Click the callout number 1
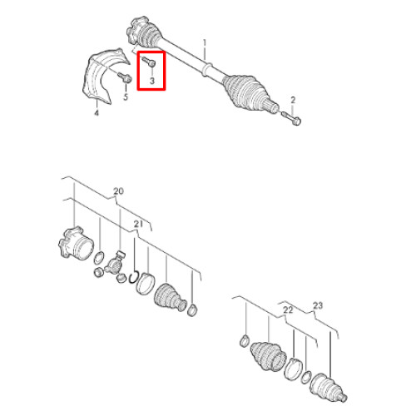coord(205,43)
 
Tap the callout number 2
coord(293,100)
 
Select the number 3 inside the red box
coord(152,81)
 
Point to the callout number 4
coord(97,113)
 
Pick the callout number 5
coord(126,97)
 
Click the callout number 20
coord(118,191)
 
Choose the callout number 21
coord(138,224)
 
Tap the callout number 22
coord(288,310)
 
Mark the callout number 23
coord(318,305)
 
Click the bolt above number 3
coord(149,62)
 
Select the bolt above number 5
coord(125,77)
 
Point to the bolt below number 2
coord(291,118)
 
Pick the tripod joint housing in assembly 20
coord(76,243)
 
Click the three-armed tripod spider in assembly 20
coord(115,265)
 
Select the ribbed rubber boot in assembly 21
coord(170,298)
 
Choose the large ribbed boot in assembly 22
coord(268,356)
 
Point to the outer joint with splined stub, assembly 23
coord(329,388)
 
